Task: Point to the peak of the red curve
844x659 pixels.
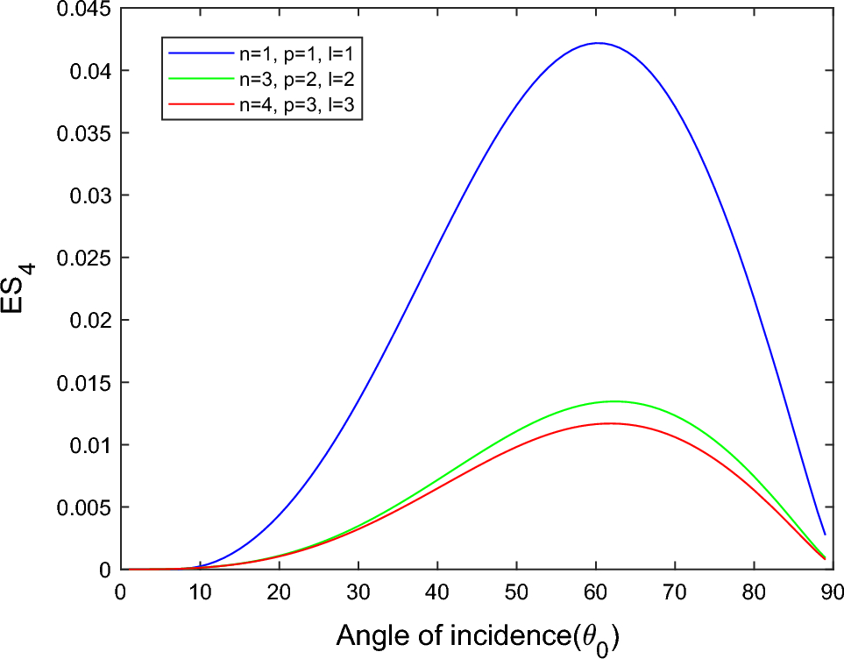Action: point(609,423)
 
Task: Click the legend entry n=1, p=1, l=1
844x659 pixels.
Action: point(299,53)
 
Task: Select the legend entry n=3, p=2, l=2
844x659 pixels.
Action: point(299,80)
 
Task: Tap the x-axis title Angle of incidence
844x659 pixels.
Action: point(477,634)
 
